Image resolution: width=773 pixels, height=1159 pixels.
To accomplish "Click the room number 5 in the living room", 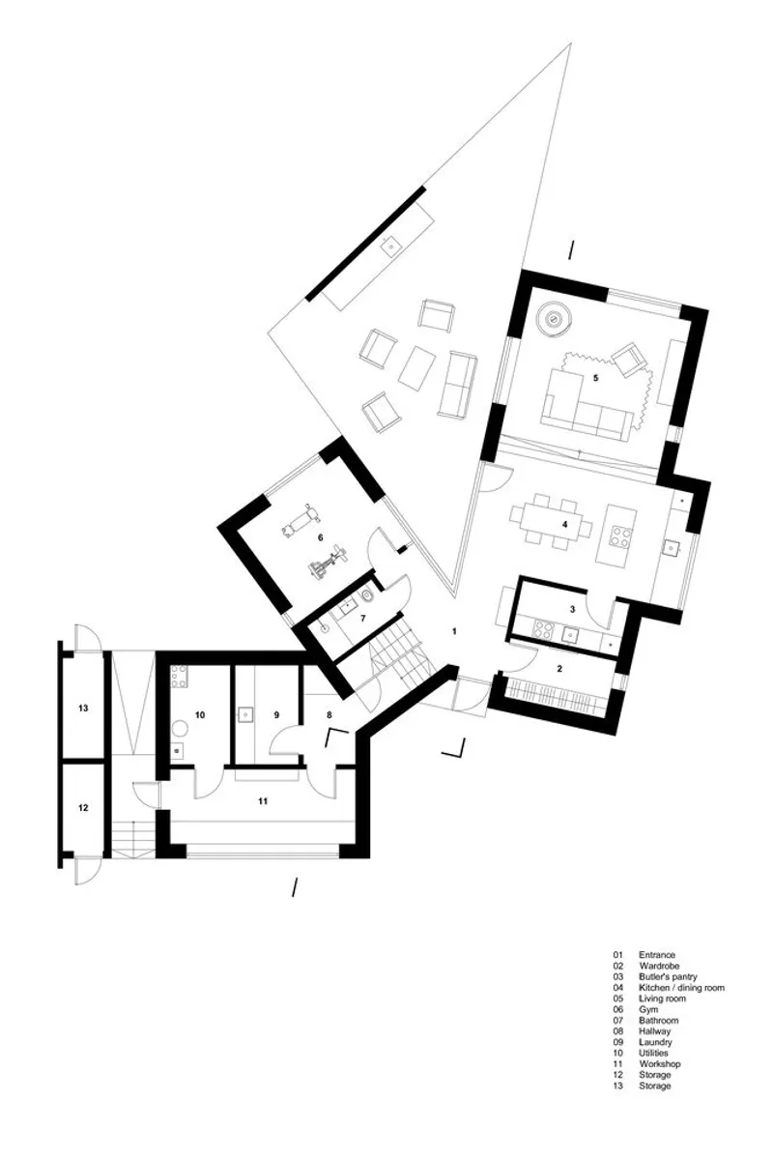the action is [594, 377].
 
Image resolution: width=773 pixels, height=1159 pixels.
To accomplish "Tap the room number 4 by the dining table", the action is [564, 524].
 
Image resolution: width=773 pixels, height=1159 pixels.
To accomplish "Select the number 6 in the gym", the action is [321, 537].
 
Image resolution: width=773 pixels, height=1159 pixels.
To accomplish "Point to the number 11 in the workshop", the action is [263, 800].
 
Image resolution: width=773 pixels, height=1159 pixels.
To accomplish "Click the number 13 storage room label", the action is [83, 709].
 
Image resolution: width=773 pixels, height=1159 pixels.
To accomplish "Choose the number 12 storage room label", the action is [83, 808].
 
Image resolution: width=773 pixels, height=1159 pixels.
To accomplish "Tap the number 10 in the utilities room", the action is [200, 714].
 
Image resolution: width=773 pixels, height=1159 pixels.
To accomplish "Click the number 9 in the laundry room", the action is [276, 714].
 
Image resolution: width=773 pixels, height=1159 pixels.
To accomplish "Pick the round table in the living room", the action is [554, 319].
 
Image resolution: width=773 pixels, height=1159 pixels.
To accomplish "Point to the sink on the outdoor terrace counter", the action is [388, 246].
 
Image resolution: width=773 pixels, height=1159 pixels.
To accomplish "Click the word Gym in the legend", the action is [648, 1009].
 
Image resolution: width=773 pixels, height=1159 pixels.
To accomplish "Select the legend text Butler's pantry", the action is [668, 976].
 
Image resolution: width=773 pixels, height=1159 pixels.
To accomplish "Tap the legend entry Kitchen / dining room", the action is [682, 988].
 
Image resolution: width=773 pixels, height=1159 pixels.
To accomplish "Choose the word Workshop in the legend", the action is [660, 1063].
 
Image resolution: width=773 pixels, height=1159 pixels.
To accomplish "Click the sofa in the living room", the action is [587, 403].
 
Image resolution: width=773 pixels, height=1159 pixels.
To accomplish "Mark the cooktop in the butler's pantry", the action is [543, 630].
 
